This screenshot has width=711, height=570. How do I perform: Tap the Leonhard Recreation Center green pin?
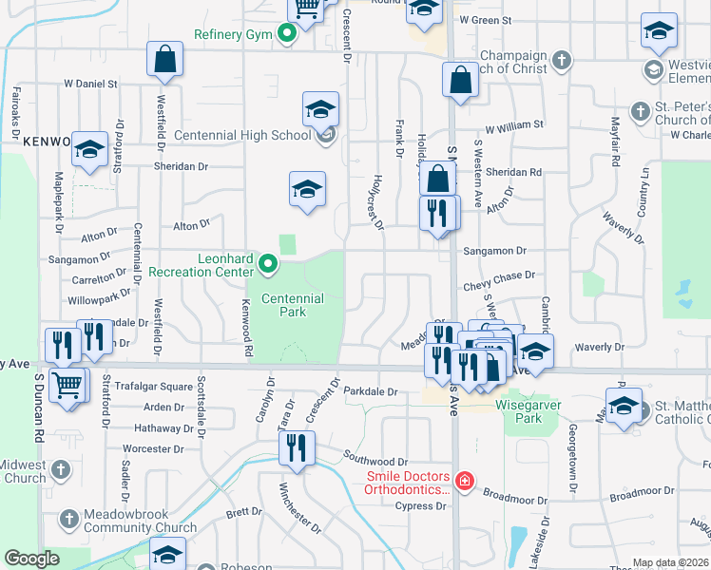(x=268, y=265)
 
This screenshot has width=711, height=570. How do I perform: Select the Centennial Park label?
(x=293, y=305)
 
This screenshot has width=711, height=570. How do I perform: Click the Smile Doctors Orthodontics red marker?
(x=464, y=482)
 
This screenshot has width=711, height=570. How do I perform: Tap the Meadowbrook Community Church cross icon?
(x=68, y=519)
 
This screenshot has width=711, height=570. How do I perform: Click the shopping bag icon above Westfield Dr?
(x=164, y=58)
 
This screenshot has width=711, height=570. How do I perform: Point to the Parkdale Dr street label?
(x=370, y=390)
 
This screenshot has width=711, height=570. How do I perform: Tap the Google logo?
(x=31, y=559)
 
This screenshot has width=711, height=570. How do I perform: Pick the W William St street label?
(x=513, y=124)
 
